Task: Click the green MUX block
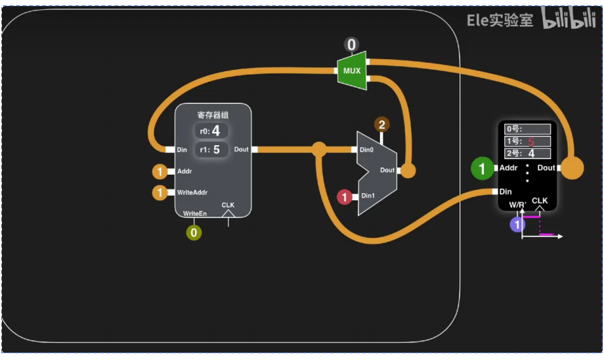(352, 71)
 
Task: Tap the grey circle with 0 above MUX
(352, 45)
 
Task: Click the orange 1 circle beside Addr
(160, 172)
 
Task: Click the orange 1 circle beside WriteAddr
(160, 193)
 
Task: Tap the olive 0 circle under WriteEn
(193, 232)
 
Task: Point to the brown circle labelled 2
(381, 124)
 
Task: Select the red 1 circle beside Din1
(345, 196)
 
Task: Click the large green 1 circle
(483, 169)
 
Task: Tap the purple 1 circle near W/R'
(518, 225)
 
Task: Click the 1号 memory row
(528, 141)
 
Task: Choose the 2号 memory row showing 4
(528, 154)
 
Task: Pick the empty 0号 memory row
(528, 129)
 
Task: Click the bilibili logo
(569, 19)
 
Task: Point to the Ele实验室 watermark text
(500, 20)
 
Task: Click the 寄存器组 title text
(213, 115)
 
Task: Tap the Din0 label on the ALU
(367, 150)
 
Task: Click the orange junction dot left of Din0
(320, 149)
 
